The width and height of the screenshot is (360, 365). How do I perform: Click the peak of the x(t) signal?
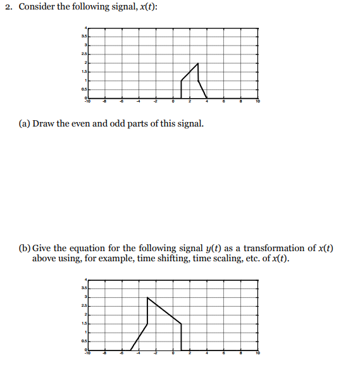[198, 63]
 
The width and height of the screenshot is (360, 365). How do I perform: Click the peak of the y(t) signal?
[147, 297]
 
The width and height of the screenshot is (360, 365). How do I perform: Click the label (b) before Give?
[24, 248]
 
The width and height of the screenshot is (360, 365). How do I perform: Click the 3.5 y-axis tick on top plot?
[82, 37]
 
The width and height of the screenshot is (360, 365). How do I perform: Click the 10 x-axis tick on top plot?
[258, 101]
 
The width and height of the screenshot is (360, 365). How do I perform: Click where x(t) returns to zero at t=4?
[207, 98]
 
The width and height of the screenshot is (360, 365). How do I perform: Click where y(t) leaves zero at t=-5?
[130, 349]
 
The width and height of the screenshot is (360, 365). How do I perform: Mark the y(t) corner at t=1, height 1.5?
[182, 323]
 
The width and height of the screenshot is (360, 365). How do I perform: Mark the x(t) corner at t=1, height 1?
[182, 81]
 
